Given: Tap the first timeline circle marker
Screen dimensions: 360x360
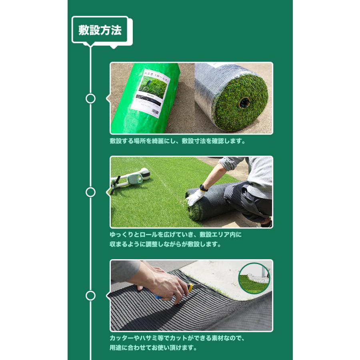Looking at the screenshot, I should click(x=91, y=98).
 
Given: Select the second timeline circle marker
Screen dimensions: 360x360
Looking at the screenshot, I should click(x=91, y=192).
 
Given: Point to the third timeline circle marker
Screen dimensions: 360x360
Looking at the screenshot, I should click(x=91, y=296).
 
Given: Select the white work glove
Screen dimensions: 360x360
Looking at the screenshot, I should click(x=195, y=197).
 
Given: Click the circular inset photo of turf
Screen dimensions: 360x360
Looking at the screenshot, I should click(x=254, y=278).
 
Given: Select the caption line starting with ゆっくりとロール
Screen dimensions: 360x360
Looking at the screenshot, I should click(x=176, y=235).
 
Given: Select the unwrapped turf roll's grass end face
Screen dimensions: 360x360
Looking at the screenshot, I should click(x=240, y=102).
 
